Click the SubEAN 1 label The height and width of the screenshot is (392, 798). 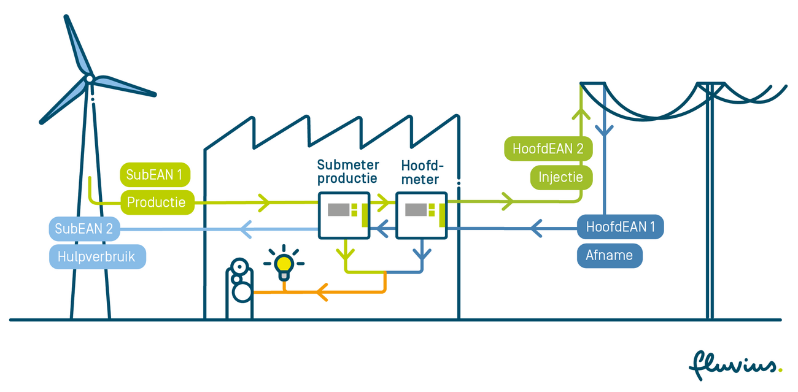[x=155, y=175]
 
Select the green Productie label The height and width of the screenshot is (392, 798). [x=156, y=202]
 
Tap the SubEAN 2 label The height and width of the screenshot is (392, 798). [x=84, y=229]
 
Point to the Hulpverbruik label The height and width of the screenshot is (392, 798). [x=97, y=256]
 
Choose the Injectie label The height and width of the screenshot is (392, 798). [x=562, y=177]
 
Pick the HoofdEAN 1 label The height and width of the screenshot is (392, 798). [x=620, y=227]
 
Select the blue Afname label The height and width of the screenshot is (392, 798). [x=609, y=255]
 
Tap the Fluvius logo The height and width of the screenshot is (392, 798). [x=735, y=365]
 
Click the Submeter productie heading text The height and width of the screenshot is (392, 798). [x=347, y=172]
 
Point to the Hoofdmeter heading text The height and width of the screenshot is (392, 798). [x=422, y=172]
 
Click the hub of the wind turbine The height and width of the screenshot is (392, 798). [x=90, y=79]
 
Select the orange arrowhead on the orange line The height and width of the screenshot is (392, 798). [x=321, y=293]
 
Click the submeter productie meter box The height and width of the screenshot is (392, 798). [x=343, y=215]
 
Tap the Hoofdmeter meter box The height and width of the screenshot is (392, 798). [x=421, y=215]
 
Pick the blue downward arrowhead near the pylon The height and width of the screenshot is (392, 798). [x=605, y=130]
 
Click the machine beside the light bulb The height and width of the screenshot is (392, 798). [x=239, y=287]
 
